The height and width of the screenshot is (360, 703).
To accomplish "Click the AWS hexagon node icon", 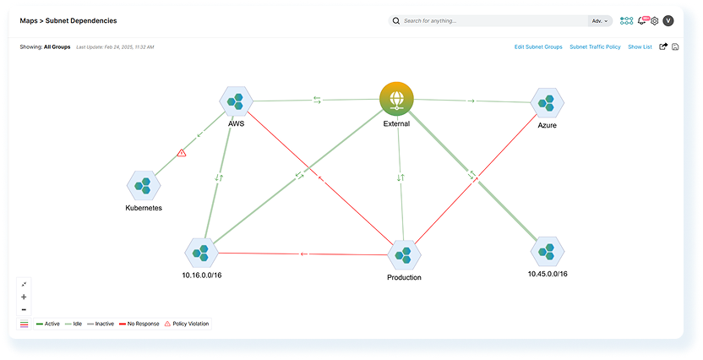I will [237, 101].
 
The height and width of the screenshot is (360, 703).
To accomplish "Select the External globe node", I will [396, 98].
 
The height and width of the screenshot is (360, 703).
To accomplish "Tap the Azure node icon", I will [548, 103].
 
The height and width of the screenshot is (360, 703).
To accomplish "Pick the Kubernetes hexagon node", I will [144, 185].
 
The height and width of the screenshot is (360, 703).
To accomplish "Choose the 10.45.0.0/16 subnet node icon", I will [548, 251].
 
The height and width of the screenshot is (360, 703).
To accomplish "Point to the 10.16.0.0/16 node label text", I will [203, 275].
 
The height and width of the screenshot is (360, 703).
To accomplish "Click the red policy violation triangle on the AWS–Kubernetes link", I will [182, 153].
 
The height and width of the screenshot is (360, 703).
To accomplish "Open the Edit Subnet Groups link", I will [538, 47].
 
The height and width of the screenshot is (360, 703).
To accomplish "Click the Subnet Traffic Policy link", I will [595, 47].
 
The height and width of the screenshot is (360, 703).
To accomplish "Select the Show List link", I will [640, 47].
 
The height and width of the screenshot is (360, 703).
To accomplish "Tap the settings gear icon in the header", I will [654, 20].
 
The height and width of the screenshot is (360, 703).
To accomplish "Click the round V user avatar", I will [668, 20].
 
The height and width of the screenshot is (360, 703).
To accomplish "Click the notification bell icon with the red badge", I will [641, 20].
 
